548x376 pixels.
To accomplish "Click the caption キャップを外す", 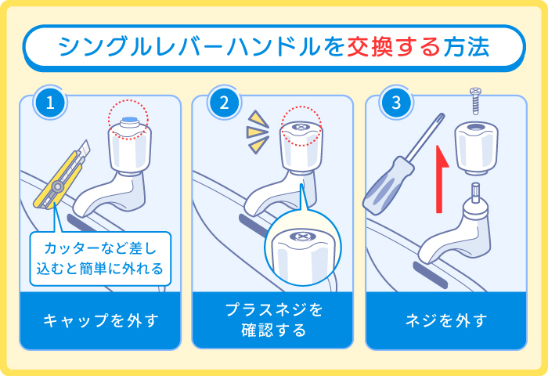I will (x=100, y=320).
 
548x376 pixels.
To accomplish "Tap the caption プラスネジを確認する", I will (x=273, y=320).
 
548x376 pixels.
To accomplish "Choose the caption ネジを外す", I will (x=446, y=320).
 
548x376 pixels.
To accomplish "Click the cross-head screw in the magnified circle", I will (x=301, y=236).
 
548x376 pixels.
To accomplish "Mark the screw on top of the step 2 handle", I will (x=301, y=126).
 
